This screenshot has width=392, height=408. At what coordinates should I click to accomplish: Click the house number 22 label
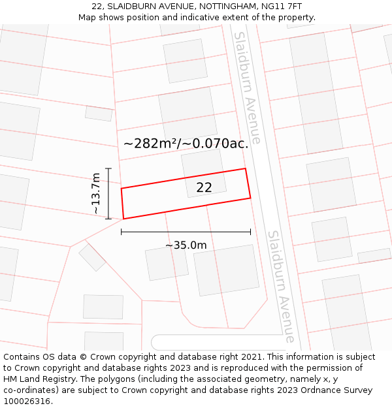[204, 187]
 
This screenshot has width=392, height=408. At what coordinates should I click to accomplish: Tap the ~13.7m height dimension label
[95, 193]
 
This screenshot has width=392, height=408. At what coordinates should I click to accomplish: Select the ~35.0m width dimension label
[186, 245]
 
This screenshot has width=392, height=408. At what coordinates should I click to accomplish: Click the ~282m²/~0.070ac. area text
[186, 144]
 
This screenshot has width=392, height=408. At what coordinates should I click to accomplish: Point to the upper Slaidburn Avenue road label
[248, 87]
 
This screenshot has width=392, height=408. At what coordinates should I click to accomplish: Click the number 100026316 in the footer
[27, 401]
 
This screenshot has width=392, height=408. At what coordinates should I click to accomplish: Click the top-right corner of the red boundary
[245, 168]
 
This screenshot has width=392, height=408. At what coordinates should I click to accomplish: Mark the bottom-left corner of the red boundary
[123, 219]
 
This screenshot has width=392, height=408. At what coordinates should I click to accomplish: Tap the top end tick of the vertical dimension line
[108, 168]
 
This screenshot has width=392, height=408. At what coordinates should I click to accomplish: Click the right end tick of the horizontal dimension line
[250, 231]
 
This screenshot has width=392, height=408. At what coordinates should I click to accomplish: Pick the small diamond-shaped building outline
[92, 257]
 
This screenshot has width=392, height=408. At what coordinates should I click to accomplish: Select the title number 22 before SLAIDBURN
[97, 7]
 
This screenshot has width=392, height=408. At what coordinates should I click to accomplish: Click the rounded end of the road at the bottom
[155, 342]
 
